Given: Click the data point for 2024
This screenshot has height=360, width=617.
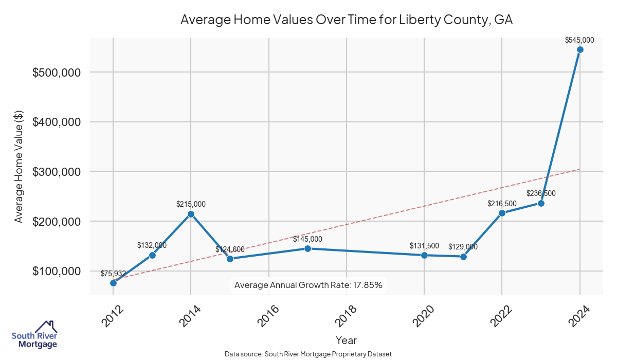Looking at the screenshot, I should [580, 50].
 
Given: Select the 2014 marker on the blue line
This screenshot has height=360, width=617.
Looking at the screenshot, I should [191, 214].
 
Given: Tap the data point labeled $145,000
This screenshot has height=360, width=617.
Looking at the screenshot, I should [307, 248].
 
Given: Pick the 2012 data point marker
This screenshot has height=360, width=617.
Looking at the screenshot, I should [113, 283].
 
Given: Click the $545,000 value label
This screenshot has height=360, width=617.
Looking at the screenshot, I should [579, 40].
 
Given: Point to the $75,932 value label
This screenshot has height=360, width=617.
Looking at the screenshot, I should [113, 273].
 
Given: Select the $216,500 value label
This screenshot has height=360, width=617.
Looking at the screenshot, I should [502, 204].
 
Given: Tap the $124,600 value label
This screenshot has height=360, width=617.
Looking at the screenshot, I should [230, 249].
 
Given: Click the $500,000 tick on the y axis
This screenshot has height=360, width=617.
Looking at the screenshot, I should [56, 73].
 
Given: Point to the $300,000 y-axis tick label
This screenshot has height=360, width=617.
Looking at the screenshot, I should [56, 172].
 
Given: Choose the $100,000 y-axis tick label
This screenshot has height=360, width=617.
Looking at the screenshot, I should [56, 271].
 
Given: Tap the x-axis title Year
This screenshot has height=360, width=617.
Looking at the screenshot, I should [346, 340].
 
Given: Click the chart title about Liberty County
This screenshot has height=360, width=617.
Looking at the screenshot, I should [347, 20].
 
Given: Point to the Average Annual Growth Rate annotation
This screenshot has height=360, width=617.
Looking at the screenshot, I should [308, 285].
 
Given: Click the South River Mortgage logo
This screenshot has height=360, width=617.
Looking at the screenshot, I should [34, 334].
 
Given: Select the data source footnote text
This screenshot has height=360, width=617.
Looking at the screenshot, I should [308, 354].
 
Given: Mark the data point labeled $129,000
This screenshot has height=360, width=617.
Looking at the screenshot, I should [463, 257].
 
